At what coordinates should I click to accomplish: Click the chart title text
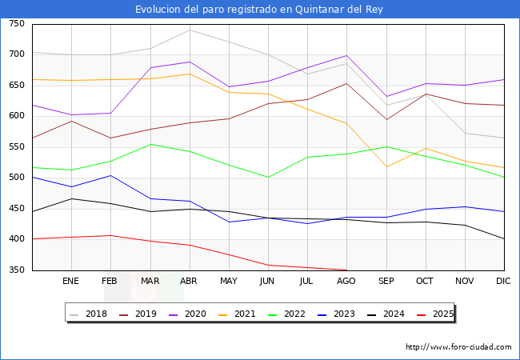pyautogui.click(x=260, y=9)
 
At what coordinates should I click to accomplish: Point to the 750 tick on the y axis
pyautogui.click(x=16, y=24)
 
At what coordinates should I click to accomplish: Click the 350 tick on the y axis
pyautogui.click(x=16, y=270)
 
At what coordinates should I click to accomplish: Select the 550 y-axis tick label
pyautogui.click(x=16, y=147)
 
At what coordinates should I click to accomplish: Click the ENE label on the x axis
pyautogui.click(x=71, y=282)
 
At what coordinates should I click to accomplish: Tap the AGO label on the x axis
pyautogui.click(x=346, y=282)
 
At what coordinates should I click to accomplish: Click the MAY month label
pyautogui.click(x=229, y=282)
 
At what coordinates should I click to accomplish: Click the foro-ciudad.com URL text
pyautogui.click(x=458, y=347)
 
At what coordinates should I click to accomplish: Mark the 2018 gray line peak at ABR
pyautogui.click(x=190, y=30)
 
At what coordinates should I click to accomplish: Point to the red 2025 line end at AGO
pyautogui.click(x=346, y=270)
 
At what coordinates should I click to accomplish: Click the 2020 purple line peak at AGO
pyautogui.click(x=346, y=55)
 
